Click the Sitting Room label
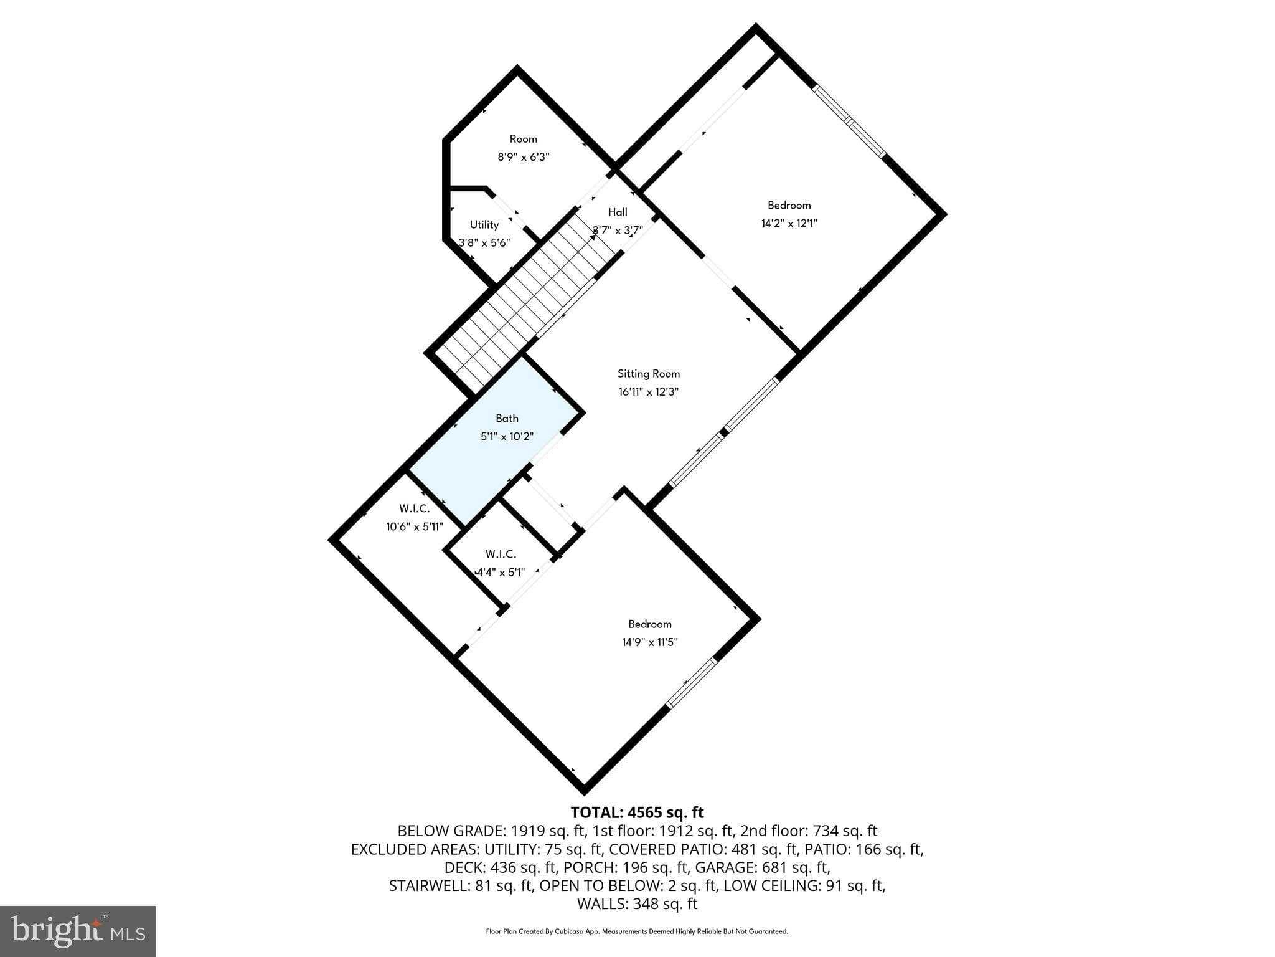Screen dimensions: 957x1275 pyautogui.click(x=648, y=374)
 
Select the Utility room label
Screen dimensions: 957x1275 pyautogui.click(x=484, y=225)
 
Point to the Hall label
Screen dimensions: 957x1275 pyautogui.click(x=618, y=212)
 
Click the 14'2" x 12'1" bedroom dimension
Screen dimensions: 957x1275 pyautogui.click(x=789, y=224)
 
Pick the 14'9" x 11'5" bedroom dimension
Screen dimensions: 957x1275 pyautogui.click(x=649, y=642)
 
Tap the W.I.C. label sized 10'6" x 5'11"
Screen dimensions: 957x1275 pyautogui.click(x=414, y=508)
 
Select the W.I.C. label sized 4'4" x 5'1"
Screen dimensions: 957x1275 pyautogui.click(x=501, y=554)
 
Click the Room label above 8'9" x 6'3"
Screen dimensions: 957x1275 pyautogui.click(x=523, y=139)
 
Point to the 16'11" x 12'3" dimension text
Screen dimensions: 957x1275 pyautogui.click(x=648, y=392)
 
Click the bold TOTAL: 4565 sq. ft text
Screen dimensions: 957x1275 pyautogui.click(x=637, y=812)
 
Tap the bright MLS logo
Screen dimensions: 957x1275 pyautogui.click(x=77, y=931)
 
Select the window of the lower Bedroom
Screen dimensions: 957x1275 pyautogui.click(x=691, y=683)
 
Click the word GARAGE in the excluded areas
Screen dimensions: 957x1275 pyautogui.click(x=722, y=867)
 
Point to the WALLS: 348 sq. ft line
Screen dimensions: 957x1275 pyautogui.click(x=637, y=904)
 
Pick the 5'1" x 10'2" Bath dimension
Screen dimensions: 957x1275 pyautogui.click(x=507, y=437)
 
